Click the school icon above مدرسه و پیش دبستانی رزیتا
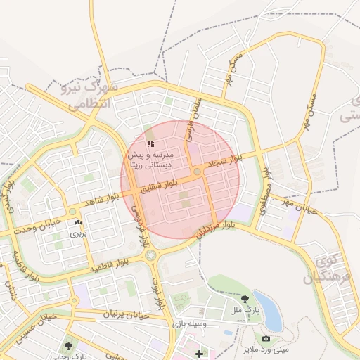coord(150,144)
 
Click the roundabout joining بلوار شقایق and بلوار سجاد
coord(198,172)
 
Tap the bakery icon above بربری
coord(77,223)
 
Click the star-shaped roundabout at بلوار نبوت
coord(150,256)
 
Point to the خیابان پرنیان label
coord(127,315)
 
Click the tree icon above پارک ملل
coord(245,299)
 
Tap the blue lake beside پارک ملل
coord(269,310)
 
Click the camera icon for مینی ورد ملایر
coord(265,340)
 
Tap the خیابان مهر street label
coord(299,206)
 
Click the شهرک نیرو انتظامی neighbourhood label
coord(94,96)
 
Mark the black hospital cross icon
coord(199,353)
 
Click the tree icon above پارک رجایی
coord(68,346)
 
